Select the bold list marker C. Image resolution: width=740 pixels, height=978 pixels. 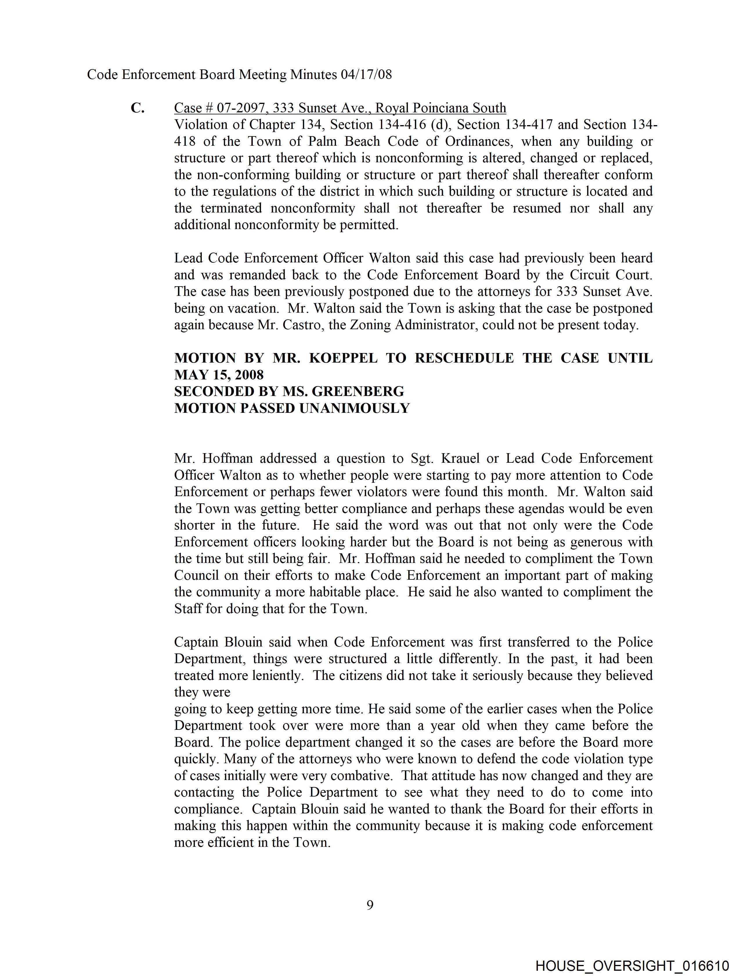click(x=138, y=108)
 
